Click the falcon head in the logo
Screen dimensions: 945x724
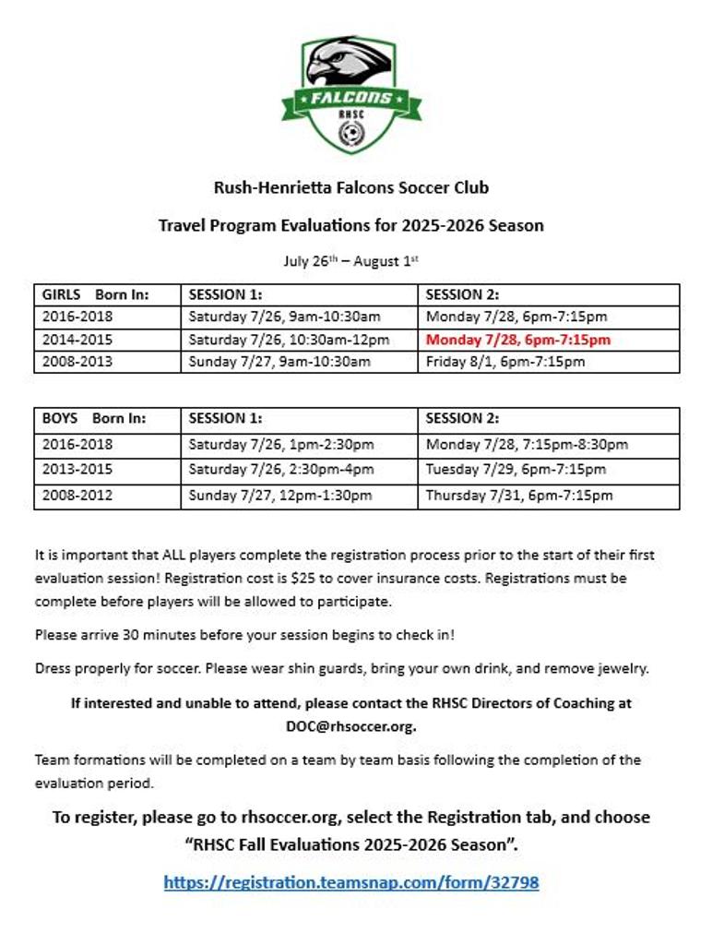[x=347, y=63]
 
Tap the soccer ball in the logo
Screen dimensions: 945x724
[x=350, y=136]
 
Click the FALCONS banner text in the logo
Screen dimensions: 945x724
[x=350, y=98]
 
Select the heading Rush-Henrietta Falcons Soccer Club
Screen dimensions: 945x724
[x=350, y=188]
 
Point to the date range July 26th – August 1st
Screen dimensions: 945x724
[x=350, y=261]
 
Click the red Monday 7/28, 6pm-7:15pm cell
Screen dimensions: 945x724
[x=518, y=340]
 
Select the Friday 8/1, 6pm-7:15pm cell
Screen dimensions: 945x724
[x=505, y=362]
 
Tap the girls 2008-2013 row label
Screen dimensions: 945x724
[x=77, y=362]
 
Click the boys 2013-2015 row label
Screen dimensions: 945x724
[x=77, y=470]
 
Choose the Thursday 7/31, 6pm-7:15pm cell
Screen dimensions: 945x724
[x=519, y=496]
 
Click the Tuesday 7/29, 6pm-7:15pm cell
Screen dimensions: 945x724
[x=516, y=470]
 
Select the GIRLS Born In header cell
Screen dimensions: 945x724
[x=96, y=295]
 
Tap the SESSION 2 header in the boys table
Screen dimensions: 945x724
[x=462, y=419]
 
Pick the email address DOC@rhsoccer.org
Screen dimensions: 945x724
[x=350, y=725]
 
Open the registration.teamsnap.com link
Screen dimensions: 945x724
[x=350, y=882]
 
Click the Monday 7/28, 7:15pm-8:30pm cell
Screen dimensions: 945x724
[x=527, y=445]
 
